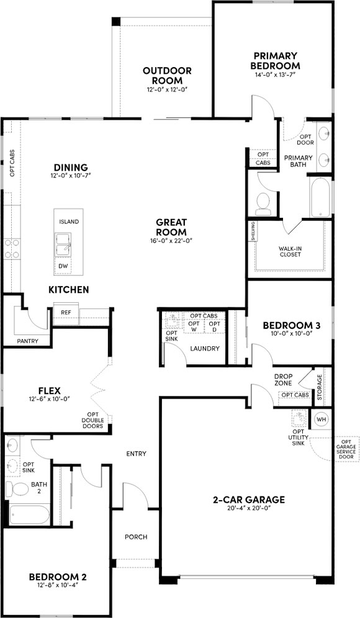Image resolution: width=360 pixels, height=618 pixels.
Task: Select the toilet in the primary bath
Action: coord(263,202)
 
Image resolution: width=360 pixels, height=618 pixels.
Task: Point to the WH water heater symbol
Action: coord(321,419)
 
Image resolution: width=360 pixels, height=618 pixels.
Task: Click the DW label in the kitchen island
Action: coord(63,266)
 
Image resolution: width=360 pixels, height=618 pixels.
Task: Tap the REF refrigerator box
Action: coord(66,312)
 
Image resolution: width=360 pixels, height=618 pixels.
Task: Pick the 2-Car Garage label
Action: coord(248,499)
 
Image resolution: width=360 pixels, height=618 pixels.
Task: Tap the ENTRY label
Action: coord(136,454)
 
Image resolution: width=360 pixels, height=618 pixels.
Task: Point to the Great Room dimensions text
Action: coord(168,241)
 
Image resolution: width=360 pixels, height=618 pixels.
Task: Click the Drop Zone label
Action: coord(284,379)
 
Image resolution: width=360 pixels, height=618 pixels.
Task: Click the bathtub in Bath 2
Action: coord(28,515)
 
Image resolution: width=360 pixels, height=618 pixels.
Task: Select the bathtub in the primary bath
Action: coord(320,195)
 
